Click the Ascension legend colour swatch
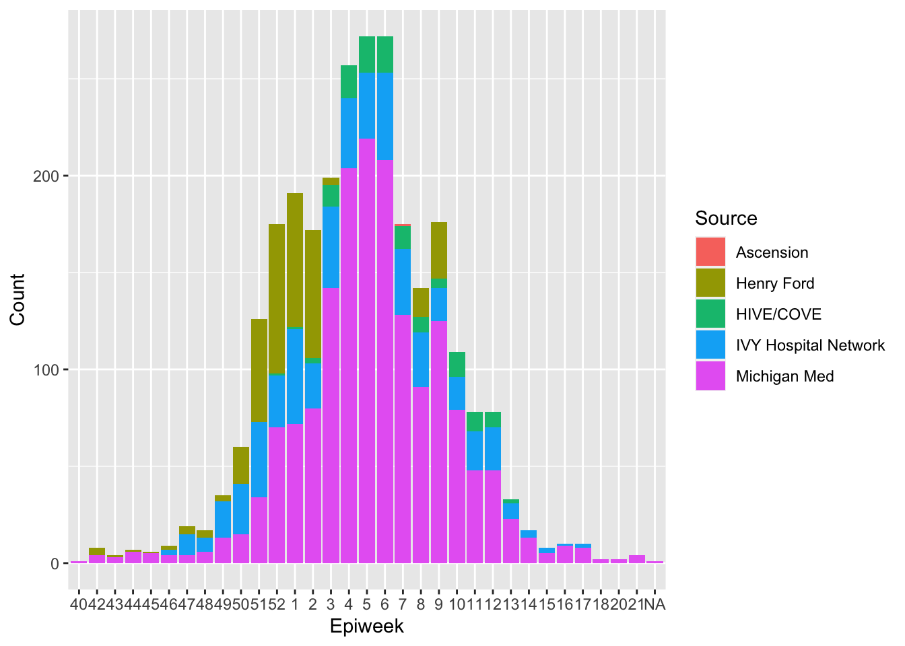pos(710,252)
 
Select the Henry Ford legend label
pos(775,283)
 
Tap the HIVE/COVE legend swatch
pos(710,314)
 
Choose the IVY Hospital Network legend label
pos(810,345)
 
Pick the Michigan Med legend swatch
pos(710,376)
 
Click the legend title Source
pos(726,218)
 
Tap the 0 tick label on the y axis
pos(55,564)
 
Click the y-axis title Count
pos(18,299)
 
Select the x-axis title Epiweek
pos(367,626)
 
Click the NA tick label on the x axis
pos(655,604)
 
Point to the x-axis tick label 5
pos(367,604)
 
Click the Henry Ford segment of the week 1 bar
pos(295,260)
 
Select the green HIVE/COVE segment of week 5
pos(367,55)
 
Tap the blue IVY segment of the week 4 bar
pos(349,133)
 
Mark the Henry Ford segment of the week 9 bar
pos(439,250)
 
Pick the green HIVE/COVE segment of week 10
pos(457,364)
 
